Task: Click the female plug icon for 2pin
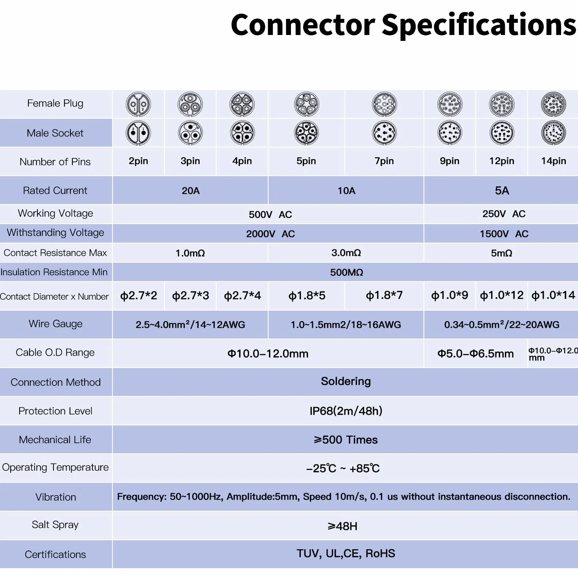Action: point(138,104)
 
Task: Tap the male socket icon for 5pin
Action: point(306,133)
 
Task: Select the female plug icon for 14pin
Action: point(553,104)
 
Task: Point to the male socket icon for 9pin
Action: point(450,133)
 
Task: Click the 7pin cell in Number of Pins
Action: point(384,161)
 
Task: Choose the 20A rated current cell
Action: point(190,190)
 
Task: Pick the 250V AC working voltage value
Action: point(504,214)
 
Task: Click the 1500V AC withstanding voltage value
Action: point(504,234)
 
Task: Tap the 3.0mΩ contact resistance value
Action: point(346,253)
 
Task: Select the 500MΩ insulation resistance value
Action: point(346,272)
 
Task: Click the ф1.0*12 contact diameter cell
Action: point(501,295)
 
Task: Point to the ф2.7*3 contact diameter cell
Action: point(190,296)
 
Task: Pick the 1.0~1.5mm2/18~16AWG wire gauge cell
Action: point(346,324)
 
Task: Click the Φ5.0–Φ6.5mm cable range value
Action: point(475,353)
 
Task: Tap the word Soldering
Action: point(346,381)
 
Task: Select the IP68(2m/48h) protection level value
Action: point(346,410)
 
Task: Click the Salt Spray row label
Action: point(55,525)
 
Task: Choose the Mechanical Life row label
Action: point(55,440)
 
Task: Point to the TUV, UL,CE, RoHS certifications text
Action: point(346,553)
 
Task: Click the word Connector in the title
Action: point(303,25)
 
